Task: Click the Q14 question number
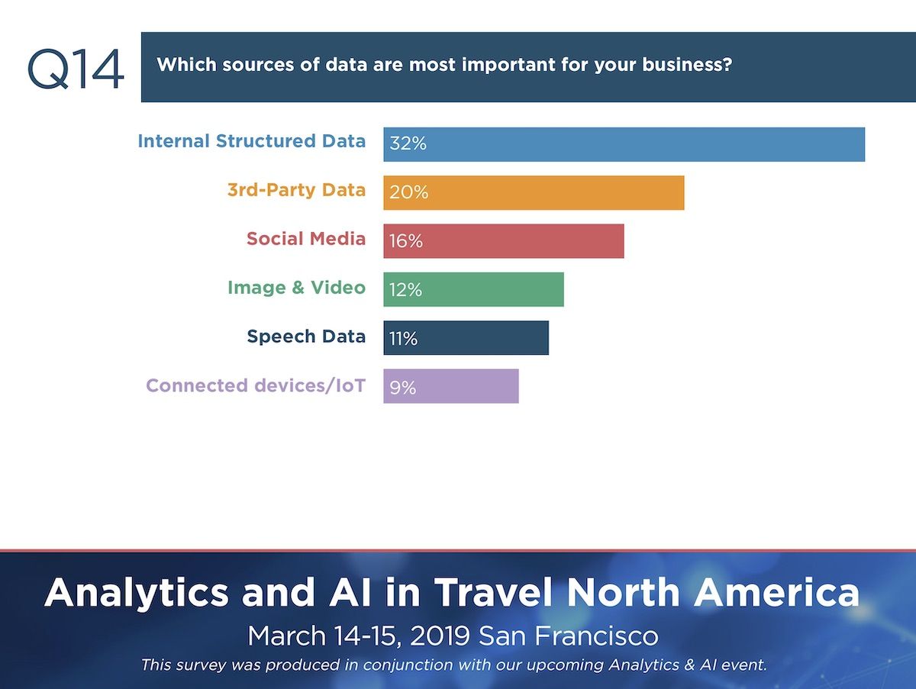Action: [76, 69]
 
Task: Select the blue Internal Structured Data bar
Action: [624, 144]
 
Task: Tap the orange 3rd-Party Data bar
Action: [534, 193]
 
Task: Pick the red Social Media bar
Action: [504, 241]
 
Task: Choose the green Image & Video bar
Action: [474, 289]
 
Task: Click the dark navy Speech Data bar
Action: [466, 338]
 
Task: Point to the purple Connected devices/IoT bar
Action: [451, 386]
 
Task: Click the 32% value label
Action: [408, 143]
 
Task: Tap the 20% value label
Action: [409, 192]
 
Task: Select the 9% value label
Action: [403, 388]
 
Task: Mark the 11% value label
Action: [403, 339]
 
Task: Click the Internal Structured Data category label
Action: [252, 141]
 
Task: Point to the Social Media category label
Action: [306, 239]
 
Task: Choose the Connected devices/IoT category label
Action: [256, 385]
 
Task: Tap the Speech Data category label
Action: [306, 336]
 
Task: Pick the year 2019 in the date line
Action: [440, 636]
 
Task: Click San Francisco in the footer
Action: [568, 636]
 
